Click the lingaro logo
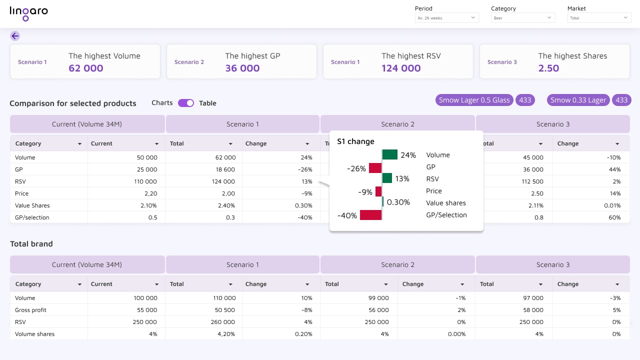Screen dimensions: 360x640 pyautogui.click(x=28, y=13)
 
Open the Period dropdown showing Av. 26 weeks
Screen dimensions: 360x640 pyautogui.click(x=446, y=18)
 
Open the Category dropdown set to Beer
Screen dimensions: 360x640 pyautogui.click(x=522, y=18)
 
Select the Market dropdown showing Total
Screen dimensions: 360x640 pyautogui.click(x=599, y=18)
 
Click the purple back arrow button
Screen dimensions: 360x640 pyautogui.click(x=15, y=36)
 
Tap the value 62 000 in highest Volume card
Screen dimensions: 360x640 pyautogui.click(x=86, y=68)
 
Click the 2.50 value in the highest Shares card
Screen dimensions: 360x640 pyautogui.click(x=548, y=68)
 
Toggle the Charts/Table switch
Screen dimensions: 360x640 pyautogui.click(x=186, y=103)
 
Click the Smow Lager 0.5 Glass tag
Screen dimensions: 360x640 pyautogui.click(x=474, y=100)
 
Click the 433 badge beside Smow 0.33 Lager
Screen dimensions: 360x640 pyautogui.click(x=621, y=100)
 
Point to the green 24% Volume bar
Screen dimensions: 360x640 pyautogui.click(x=390, y=154)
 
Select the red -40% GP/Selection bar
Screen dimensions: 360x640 pyautogui.click(x=370, y=215)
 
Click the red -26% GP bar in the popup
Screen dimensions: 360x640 pyautogui.click(x=375, y=168)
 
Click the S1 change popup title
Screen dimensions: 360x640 pyautogui.click(x=355, y=141)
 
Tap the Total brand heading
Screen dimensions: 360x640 pyautogui.click(x=31, y=244)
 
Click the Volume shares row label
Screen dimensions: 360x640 pyautogui.click(x=34, y=334)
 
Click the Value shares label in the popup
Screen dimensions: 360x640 pyautogui.click(x=445, y=203)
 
